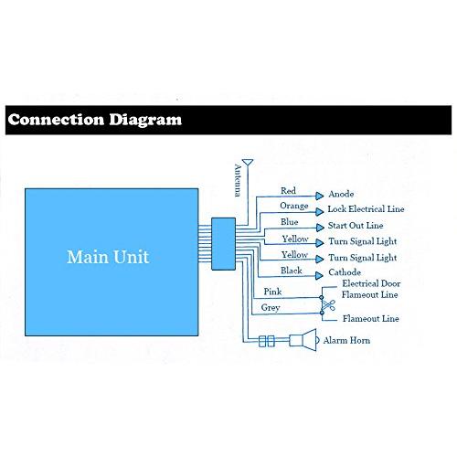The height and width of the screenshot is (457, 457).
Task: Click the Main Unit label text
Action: click(x=108, y=257)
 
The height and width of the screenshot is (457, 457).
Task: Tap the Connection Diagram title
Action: click(x=95, y=120)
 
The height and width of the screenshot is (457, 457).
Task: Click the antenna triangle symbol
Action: click(x=248, y=162)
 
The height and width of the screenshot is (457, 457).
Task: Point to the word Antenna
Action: click(x=238, y=180)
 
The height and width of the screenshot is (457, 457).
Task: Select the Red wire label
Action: click(x=288, y=191)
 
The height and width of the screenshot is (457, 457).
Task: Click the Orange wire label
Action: click(x=294, y=207)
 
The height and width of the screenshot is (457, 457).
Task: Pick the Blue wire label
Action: click(x=289, y=222)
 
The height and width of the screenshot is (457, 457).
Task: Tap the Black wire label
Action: click(x=291, y=271)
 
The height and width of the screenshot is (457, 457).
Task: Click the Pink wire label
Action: click(x=272, y=292)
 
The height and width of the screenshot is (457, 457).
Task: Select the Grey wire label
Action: click(x=271, y=308)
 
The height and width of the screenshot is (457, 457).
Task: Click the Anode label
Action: click(x=341, y=194)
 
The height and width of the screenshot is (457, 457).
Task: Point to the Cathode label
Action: click(x=345, y=272)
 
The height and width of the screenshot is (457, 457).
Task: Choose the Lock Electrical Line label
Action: click(x=366, y=209)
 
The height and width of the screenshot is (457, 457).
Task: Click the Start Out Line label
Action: click(x=356, y=226)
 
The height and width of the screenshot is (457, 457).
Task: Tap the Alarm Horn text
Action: click(x=346, y=340)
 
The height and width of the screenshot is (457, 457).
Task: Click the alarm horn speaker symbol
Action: click(x=303, y=340)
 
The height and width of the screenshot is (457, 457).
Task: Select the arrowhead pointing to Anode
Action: click(x=319, y=196)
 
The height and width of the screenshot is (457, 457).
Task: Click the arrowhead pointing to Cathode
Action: click(x=319, y=276)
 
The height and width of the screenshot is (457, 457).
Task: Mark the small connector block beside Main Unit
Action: click(x=223, y=244)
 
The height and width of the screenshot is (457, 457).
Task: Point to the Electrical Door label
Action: click(x=371, y=283)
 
